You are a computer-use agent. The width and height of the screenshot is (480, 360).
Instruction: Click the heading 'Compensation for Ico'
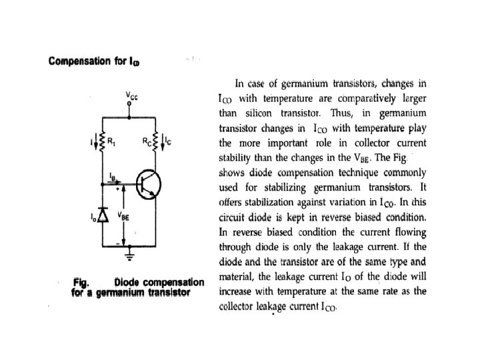93,62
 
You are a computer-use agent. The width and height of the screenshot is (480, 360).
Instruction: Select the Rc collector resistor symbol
156,141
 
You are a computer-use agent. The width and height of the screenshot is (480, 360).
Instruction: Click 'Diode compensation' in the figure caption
159,283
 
